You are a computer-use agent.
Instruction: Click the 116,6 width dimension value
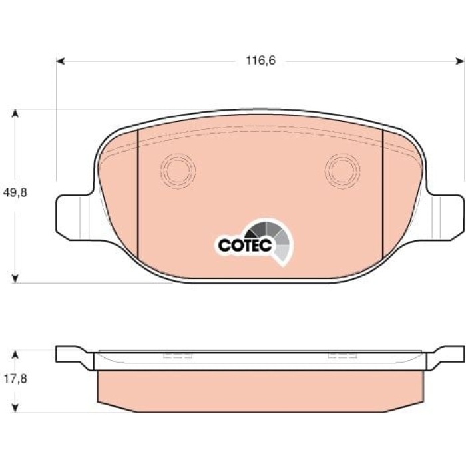tap(261, 61)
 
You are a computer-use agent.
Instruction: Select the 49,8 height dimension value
tap(15, 192)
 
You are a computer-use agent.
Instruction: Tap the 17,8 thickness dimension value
tap(15, 379)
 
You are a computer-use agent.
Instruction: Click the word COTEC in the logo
tap(245, 245)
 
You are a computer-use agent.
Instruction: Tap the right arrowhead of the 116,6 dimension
tap(460, 61)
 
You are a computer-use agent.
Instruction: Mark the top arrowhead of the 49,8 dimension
tap(15, 114)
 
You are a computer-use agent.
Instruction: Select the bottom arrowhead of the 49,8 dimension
tap(15, 278)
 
